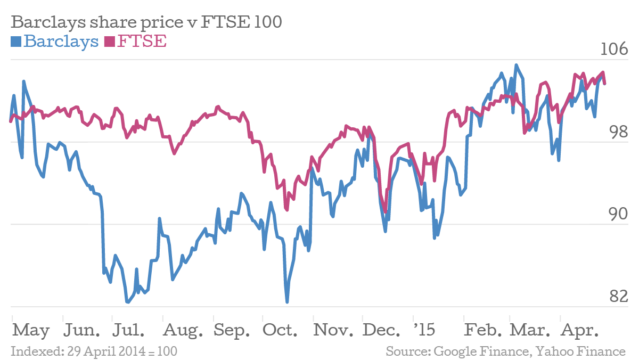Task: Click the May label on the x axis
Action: point(31,331)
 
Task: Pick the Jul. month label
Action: point(128,331)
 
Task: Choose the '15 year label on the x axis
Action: point(424,331)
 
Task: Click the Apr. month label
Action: point(579,331)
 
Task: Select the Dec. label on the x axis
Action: point(382,331)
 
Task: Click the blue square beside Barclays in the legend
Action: point(15,41)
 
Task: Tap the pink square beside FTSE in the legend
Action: point(110,41)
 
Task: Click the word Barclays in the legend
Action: point(61,41)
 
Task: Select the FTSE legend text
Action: point(142,41)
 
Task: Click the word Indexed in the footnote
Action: point(32,351)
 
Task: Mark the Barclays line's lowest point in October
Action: point(287,302)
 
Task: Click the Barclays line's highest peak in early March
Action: point(516,66)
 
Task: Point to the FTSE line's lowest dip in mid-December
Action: point(385,211)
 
